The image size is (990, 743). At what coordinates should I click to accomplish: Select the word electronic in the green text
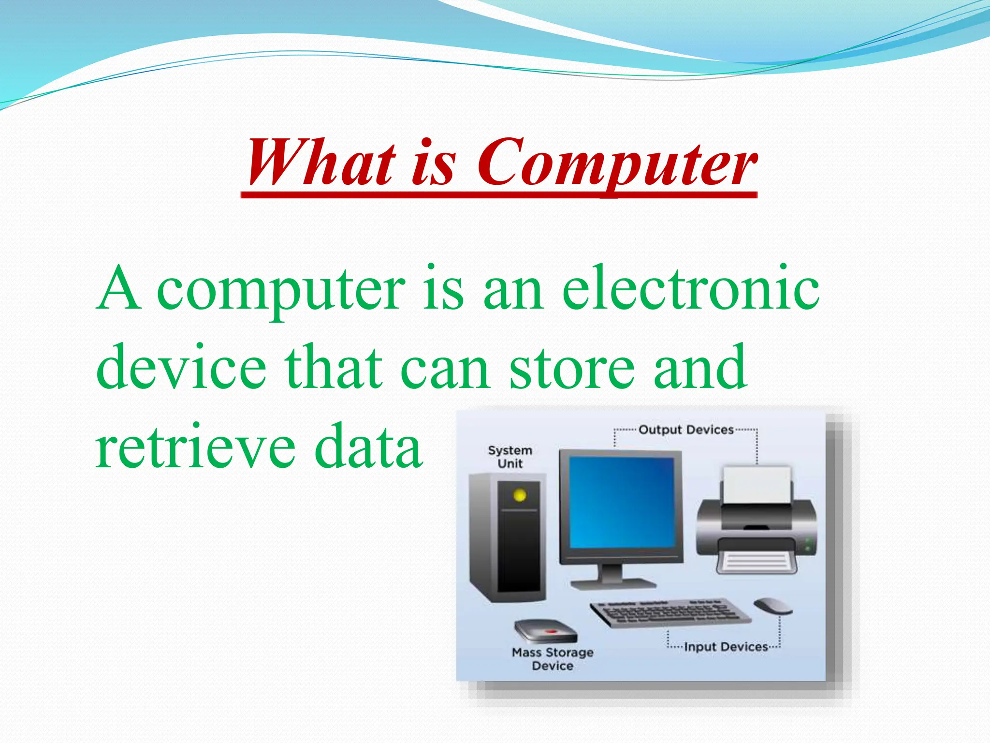tap(691, 289)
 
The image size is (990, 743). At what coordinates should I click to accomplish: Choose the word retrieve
tap(195, 446)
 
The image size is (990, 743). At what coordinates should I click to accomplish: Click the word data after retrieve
tap(368, 446)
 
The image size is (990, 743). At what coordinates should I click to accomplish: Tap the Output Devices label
tap(685, 430)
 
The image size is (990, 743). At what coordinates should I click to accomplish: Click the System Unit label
tap(510, 457)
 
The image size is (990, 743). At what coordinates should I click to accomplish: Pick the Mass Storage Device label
tap(553, 659)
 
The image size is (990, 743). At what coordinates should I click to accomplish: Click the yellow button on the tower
tap(520, 495)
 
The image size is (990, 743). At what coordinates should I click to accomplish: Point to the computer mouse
tap(772, 606)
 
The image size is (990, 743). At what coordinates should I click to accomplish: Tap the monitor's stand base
tap(613, 583)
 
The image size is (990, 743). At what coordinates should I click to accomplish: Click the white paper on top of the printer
tap(757, 485)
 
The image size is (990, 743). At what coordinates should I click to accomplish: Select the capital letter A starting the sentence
tap(118, 289)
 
